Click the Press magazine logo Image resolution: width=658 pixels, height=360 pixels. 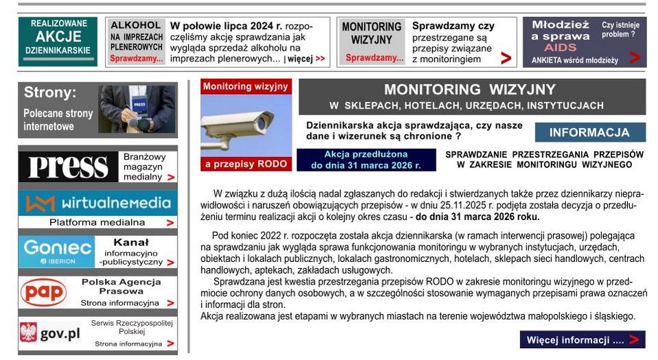tap(68, 167)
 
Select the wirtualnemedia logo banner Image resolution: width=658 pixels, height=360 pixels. tap(97, 203)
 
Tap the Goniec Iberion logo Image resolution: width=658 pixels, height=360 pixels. tap(56, 252)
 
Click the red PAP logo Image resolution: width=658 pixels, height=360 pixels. tap(43, 292)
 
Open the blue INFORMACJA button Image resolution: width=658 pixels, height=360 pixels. tap(589, 132)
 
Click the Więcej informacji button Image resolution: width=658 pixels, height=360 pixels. tap(582, 339)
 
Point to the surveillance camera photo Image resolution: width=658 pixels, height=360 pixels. tap(246, 126)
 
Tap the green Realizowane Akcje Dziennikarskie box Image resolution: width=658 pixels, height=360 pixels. tap(58, 41)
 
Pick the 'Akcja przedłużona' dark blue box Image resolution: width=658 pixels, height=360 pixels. tap(366, 160)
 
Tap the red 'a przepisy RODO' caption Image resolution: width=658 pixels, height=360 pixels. tap(245, 165)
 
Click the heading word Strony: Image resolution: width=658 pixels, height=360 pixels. tap(50, 93)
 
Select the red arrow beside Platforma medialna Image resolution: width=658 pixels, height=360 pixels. tap(170, 223)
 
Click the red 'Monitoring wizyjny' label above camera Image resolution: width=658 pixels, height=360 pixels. tap(245, 86)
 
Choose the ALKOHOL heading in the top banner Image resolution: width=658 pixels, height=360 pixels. tap(136, 25)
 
